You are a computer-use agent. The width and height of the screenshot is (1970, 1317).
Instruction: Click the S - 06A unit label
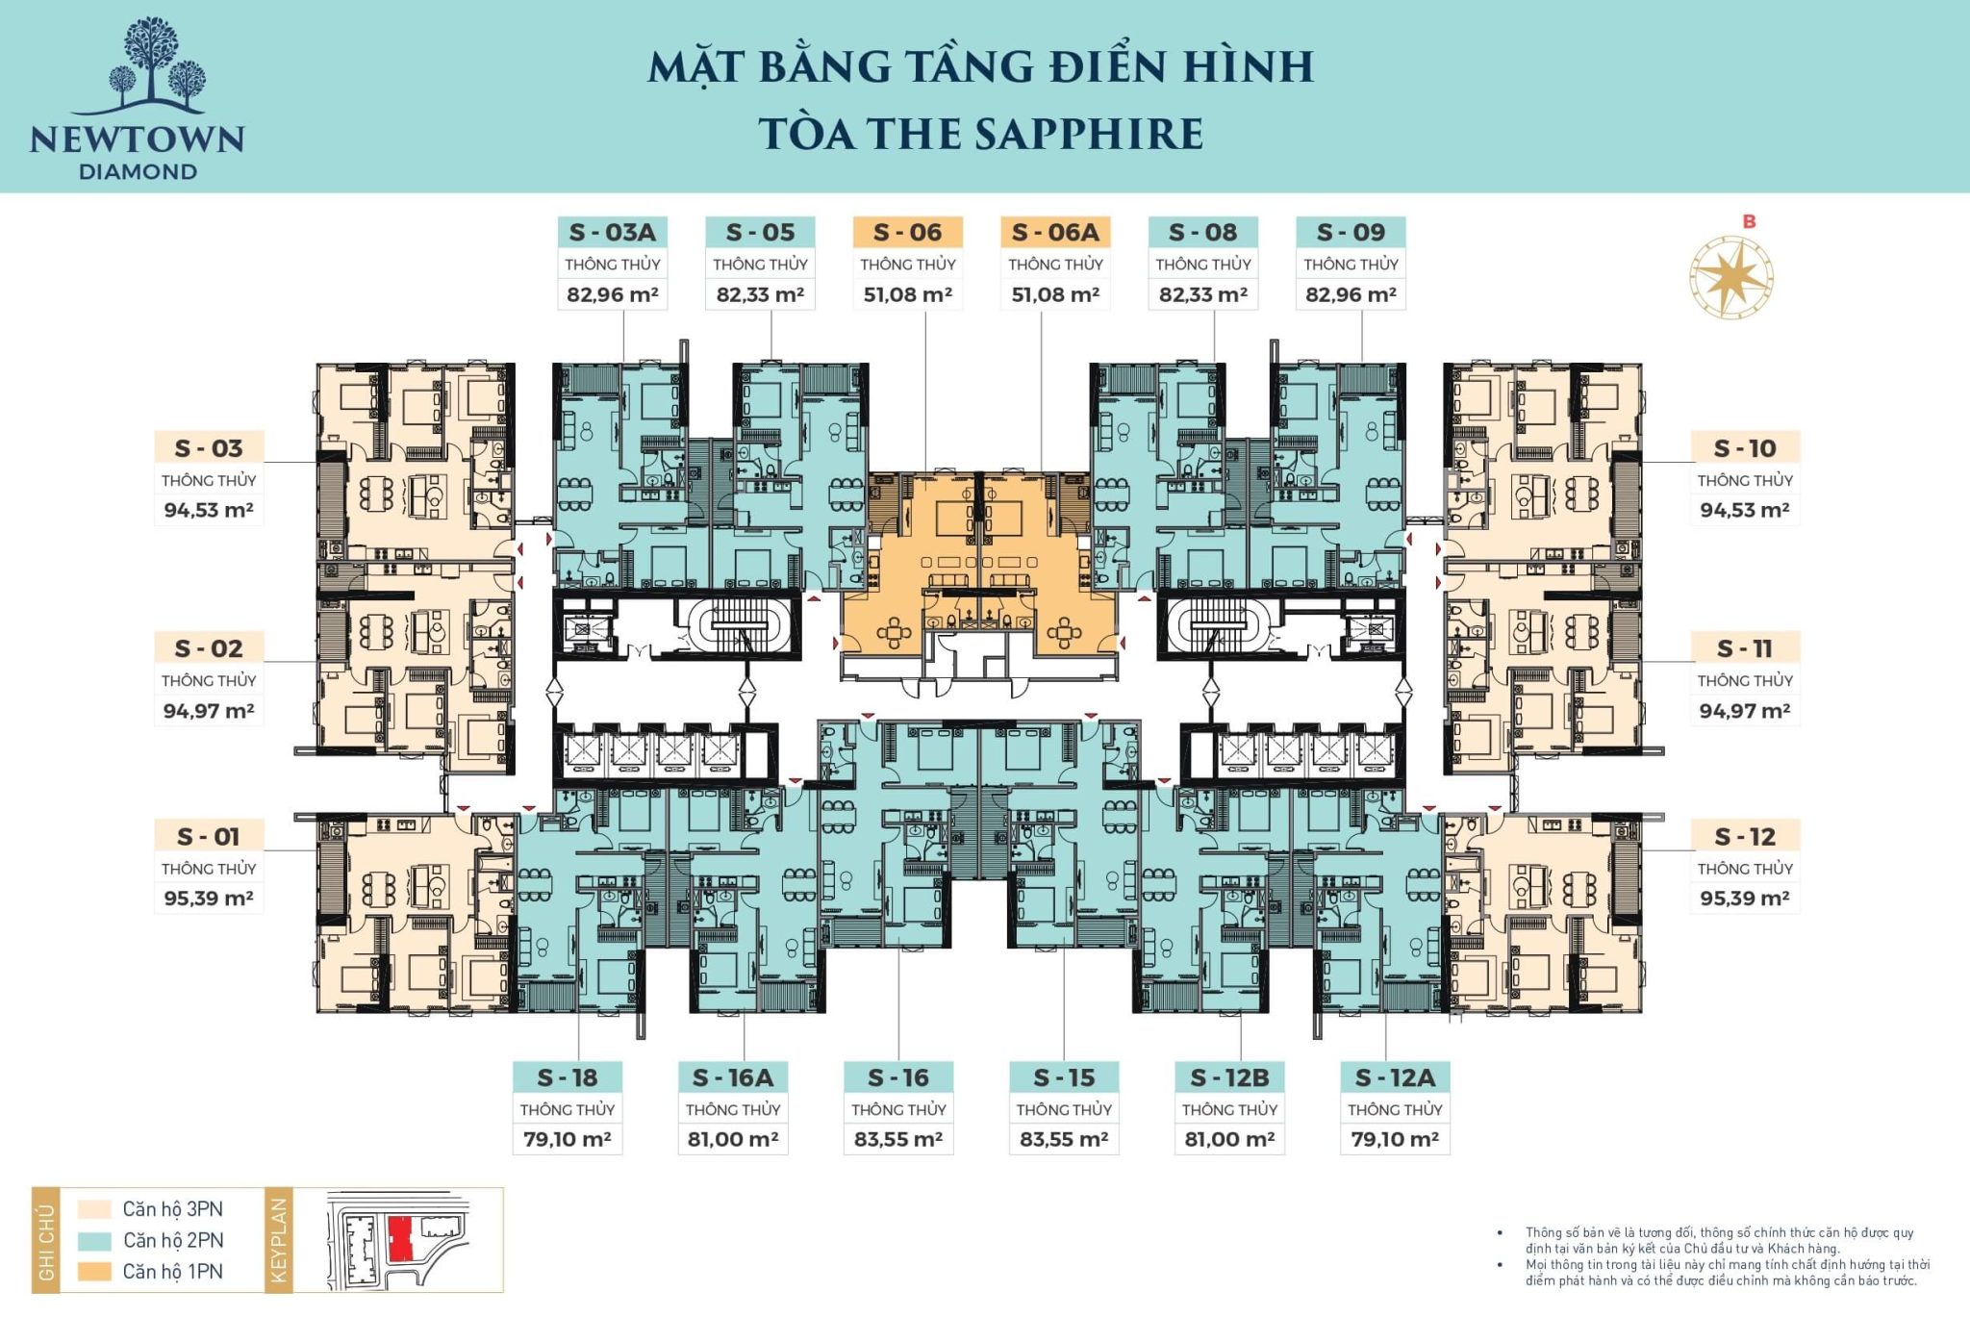(1055, 232)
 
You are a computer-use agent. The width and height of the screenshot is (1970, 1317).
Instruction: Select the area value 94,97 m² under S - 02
(209, 711)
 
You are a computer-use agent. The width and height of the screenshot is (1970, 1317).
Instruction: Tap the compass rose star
(1731, 277)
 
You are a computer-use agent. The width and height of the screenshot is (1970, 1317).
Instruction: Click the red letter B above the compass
(1749, 221)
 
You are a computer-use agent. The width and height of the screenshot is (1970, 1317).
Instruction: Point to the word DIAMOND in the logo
(138, 172)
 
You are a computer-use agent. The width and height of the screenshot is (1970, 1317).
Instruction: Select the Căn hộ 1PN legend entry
(172, 1272)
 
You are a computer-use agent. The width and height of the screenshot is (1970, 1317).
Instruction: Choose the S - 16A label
(733, 1077)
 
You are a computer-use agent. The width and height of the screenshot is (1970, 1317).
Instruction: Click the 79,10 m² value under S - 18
(568, 1139)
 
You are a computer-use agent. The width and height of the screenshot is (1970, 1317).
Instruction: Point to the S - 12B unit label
(1229, 1077)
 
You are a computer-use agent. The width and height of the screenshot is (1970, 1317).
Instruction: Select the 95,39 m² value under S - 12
(1744, 899)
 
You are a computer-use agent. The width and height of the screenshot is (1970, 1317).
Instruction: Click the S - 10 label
(1745, 448)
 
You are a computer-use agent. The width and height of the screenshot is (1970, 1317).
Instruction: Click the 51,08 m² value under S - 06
(907, 294)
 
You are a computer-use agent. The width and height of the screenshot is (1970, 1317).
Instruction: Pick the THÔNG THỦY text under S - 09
(1351, 265)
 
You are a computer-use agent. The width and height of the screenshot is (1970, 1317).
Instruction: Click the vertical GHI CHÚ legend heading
(46, 1240)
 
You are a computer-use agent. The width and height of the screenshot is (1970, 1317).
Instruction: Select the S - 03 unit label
(209, 448)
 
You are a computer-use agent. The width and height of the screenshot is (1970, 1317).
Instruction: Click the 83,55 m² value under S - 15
(1064, 1139)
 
